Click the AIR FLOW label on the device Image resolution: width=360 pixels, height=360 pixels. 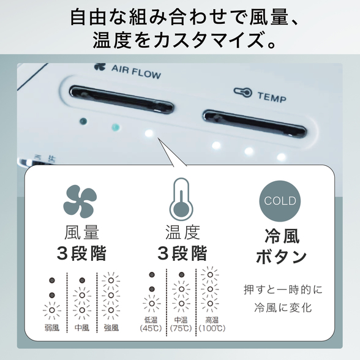pos(136,72)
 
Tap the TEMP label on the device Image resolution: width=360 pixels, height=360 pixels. pos(272,97)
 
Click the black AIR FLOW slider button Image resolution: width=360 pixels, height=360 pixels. pos(121,99)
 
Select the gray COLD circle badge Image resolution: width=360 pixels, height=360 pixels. pos(280,201)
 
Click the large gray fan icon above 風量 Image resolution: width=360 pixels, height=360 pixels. pos(80,201)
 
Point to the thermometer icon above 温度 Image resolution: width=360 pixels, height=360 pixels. pos(181,199)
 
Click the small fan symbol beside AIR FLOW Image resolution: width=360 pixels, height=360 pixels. pos(100,67)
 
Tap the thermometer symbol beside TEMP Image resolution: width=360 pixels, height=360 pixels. pos(242,92)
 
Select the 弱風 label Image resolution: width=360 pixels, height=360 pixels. pos(52,328)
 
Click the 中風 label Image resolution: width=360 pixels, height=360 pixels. pos(82,328)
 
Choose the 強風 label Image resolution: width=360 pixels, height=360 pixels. pos(111,328)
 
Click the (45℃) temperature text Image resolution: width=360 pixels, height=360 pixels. pos(151,328)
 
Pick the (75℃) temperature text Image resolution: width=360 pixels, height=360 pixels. pos(181,328)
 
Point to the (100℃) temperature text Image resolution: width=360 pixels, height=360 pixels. pos(212,328)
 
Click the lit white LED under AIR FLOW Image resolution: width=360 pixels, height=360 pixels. pos(149,133)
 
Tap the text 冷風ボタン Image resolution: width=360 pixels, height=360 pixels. pos(282,247)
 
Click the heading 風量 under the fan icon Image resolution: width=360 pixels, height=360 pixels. pos(82,233)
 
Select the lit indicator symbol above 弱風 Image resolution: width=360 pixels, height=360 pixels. pos(52,310)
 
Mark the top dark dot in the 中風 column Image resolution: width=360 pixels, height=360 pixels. pos(82,280)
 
